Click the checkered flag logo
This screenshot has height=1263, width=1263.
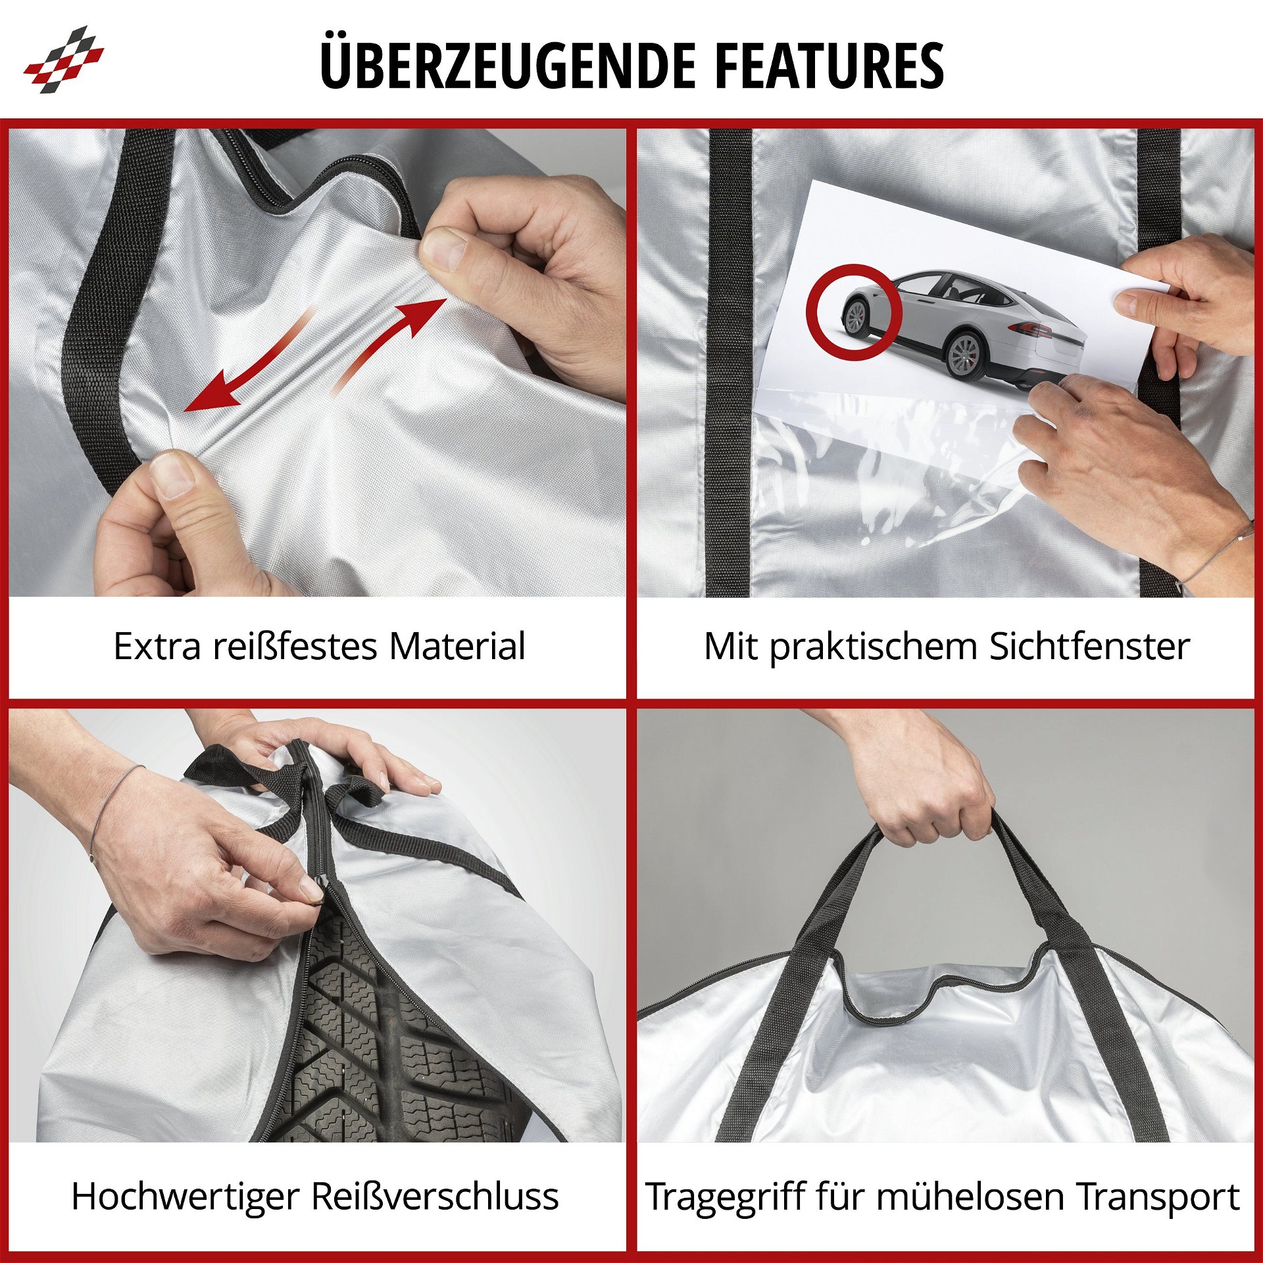(x=64, y=59)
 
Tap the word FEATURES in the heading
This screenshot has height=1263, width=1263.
(x=829, y=65)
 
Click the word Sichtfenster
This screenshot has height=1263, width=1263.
(x=1089, y=646)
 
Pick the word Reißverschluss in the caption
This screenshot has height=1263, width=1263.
(x=435, y=1196)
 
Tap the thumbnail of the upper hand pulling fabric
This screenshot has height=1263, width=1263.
(x=442, y=251)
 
